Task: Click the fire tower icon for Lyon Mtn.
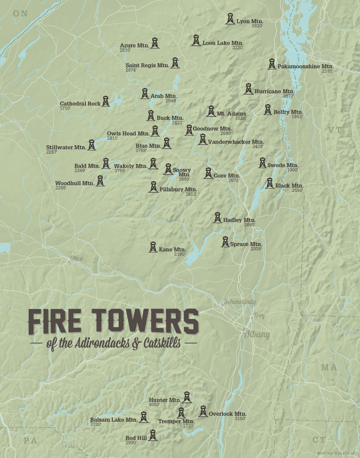(230, 19)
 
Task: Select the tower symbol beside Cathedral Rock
(105, 101)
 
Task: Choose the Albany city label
(257, 335)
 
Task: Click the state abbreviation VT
(335, 130)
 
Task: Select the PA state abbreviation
(30, 440)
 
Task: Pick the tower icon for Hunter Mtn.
(186, 398)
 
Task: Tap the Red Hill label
(136, 438)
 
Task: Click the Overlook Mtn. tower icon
(203, 411)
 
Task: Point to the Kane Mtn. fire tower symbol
(153, 247)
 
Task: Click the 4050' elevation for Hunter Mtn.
(155, 404)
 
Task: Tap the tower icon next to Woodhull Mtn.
(100, 181)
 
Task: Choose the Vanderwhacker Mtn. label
(236, 142)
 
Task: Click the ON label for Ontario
(20, 14)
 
